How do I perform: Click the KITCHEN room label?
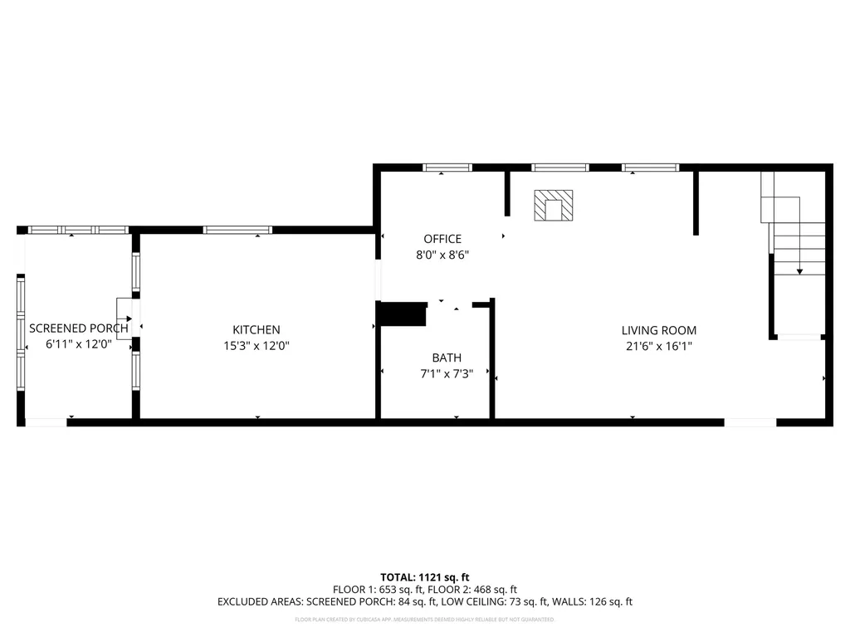tap(256, 330)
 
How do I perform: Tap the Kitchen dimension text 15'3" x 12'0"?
tap(256, 346)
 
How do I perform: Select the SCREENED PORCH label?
tap(79, 328)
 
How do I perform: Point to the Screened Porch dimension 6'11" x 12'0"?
tap(79, 344)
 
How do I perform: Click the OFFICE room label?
tap(442, 240)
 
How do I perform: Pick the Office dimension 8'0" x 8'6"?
tap(442, 255)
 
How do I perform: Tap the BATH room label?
tap(447, 358)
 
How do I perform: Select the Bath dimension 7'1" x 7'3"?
tap(447, 374)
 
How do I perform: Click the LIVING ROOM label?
tap(659, 330)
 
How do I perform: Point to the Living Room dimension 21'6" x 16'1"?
tap(659, 347)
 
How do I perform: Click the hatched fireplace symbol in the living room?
tap(553, 205)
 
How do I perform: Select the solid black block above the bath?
tap(403, 315)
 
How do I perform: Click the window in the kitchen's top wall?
tap(237, 230)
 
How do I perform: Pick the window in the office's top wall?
tap(447, 168)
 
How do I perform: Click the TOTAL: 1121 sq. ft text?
tap(425, 577)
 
